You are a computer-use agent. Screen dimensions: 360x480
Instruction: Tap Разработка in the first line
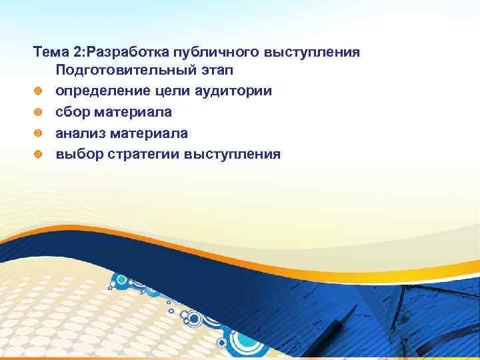coord(132,52)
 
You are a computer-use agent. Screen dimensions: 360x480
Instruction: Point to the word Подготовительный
coord(124,70)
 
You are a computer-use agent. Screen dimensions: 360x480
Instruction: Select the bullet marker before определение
coord(39,91)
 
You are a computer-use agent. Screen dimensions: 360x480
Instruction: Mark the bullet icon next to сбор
coord(39,112)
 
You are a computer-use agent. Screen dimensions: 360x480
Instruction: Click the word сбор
coord(73,112)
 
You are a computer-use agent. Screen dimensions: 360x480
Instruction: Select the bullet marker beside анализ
coord(39,133)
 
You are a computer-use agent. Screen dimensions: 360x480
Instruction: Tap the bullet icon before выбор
coord(39,155)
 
